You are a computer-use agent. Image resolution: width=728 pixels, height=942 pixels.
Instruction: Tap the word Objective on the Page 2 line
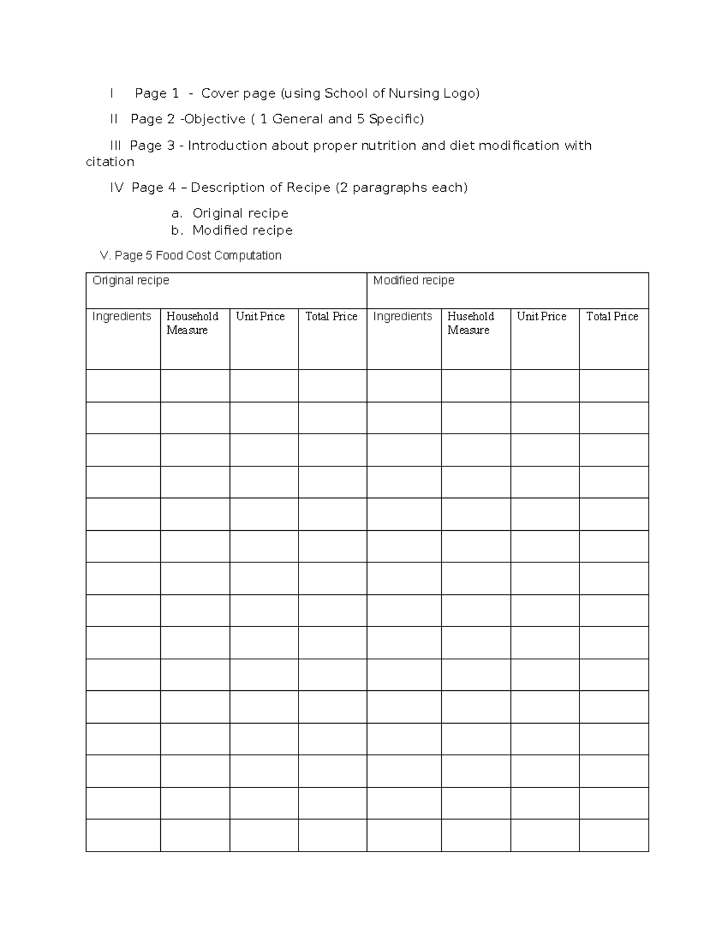click(x=215, y=119)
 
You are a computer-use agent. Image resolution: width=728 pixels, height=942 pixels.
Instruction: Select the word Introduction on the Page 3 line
click(x=227, y=146)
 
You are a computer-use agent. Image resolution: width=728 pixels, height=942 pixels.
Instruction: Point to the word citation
click(x=110, y=162)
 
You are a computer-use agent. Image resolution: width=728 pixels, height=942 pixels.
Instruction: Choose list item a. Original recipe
click(x=230, y=214)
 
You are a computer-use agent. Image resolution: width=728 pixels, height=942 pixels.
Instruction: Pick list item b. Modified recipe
click(x=232, y=230)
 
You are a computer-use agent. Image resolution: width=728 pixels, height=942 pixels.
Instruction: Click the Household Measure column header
click(x=192, y=323)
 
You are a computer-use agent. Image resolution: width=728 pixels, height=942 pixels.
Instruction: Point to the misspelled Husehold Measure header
click(x=470, y=323)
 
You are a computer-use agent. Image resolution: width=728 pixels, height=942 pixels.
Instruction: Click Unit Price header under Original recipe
click(x=260, y=317)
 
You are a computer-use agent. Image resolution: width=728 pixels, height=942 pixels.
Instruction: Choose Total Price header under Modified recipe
click(x=612, y=317)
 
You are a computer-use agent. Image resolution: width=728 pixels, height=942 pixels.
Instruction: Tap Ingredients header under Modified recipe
click(x=402, y=317)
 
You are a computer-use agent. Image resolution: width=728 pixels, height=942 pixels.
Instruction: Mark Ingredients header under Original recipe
click(x=121, y=317)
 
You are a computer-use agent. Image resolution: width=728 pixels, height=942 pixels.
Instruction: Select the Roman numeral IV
click(x=116, y=188)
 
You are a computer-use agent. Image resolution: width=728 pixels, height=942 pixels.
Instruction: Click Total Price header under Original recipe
click(x=331, y=317)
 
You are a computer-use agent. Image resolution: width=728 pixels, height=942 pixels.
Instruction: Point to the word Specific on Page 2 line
click(x=394, y=119)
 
